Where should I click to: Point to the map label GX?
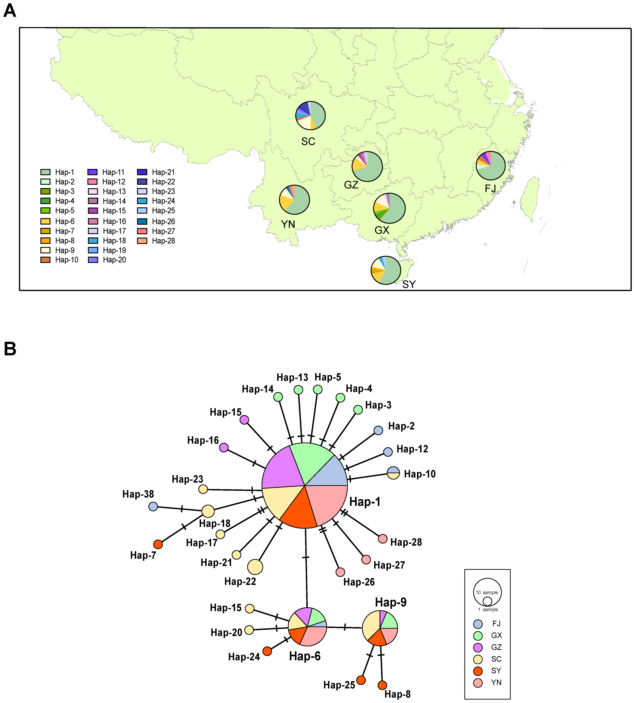click(x=382, y=230)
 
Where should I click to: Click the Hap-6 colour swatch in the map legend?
click(x=45, y=221)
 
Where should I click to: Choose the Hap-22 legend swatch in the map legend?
click(x=142, y=182)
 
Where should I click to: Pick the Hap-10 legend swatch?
click(x=45, y=260)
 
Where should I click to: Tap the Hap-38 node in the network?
click(x=153, y=507)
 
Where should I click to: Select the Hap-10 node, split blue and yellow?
click(x=393, y=473)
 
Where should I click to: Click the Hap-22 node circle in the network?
click(x=255, y=567)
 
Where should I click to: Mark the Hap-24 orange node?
click(x=267, y=651)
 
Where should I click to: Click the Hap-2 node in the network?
click(x=378, y=430)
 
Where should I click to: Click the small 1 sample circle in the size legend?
click(x=487, y=601)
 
